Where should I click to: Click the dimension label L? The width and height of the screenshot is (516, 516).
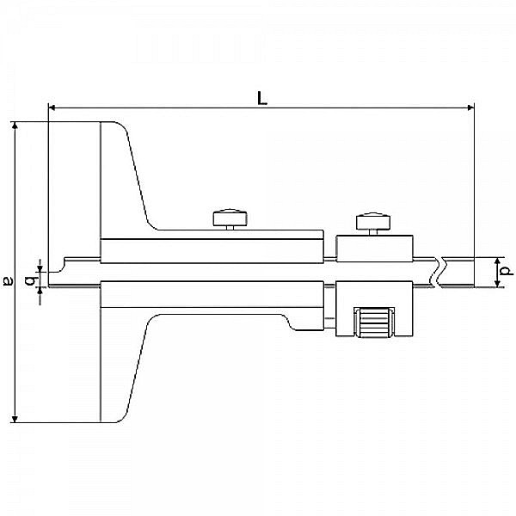pos(262,98)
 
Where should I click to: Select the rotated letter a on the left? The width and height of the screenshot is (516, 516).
pos(8,279)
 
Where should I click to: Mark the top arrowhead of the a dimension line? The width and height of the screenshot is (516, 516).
pos(15,127)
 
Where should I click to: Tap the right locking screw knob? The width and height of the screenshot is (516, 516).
pos(373,221)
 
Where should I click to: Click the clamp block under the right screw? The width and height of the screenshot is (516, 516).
pos(373,249)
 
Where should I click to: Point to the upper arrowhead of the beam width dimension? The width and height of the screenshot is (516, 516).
pos(496,260)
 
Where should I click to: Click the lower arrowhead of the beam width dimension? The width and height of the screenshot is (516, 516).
pos(496,284)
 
